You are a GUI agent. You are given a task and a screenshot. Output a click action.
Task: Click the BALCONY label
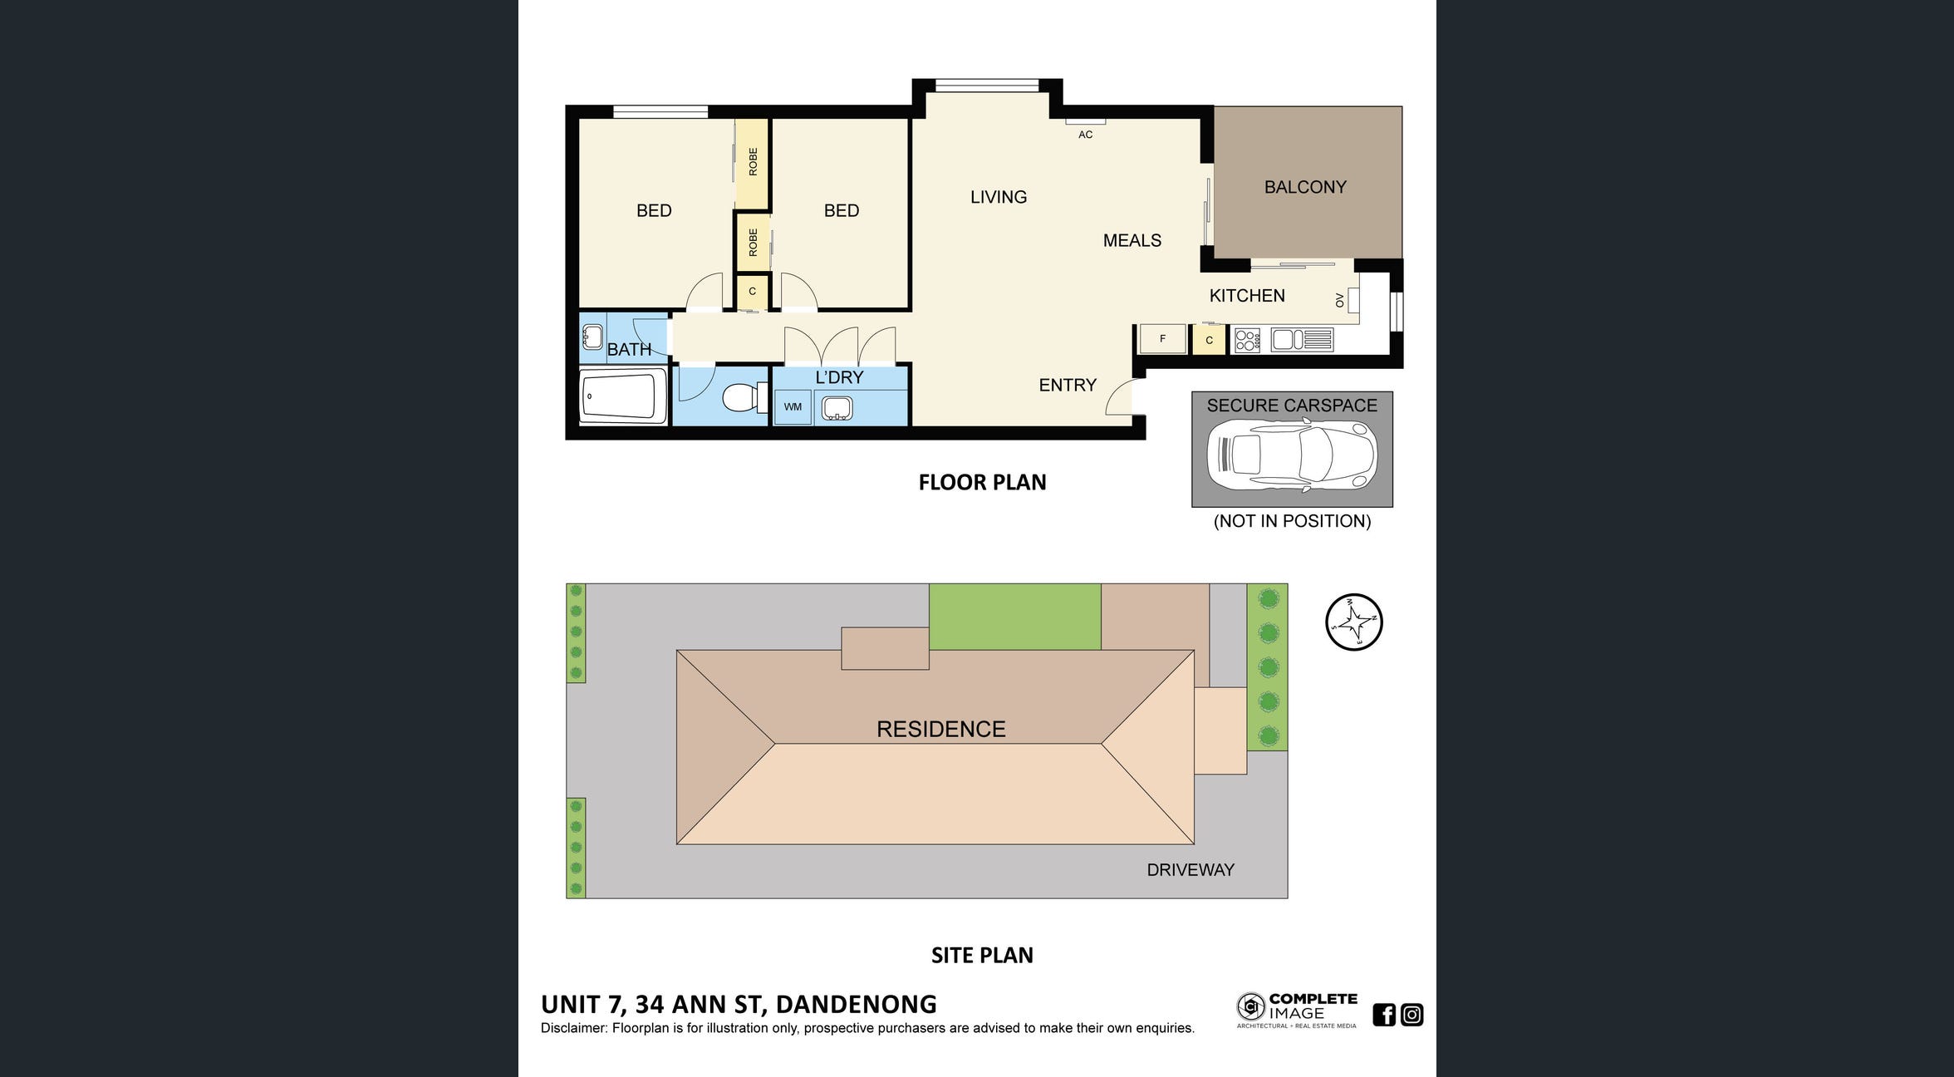[1305, 187]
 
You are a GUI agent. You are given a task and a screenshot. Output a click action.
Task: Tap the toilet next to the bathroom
[744, 397]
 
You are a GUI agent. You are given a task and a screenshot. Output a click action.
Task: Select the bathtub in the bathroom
[623, 396]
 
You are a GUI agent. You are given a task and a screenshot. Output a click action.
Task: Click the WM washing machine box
[793, 407]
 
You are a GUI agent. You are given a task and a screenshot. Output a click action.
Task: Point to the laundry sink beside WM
[837, 408]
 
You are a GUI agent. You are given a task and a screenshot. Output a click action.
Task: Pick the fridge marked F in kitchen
[1162, 339]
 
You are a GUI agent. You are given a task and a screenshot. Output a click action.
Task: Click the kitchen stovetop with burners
[1247, 340]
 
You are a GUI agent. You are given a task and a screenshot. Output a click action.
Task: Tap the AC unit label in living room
[1085, 135]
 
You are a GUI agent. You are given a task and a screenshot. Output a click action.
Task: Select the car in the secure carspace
[1291, 456]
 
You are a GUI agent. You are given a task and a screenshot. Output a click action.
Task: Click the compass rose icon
[1353, 622]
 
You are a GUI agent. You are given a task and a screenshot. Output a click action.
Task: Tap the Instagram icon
[1411, 1015]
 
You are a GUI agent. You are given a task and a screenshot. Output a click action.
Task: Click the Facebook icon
[1384, 1015]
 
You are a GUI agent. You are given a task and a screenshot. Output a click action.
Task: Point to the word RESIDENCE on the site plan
[940, 730]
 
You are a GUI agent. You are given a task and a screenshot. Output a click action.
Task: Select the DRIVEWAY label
[1191, 870]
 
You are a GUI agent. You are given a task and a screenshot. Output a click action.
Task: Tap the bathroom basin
[592, 337]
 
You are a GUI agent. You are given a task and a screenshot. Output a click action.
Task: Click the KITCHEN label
[1247, 296]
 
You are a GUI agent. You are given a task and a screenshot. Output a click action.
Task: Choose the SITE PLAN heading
[982, 956]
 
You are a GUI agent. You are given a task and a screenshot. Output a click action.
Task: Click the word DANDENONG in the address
[856, 1005]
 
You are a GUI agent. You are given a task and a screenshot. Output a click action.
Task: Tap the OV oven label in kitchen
[1339, 300]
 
